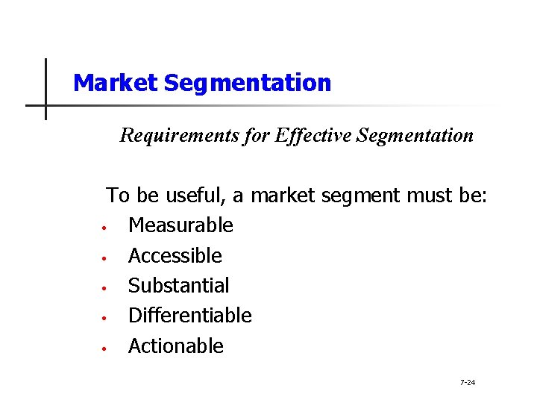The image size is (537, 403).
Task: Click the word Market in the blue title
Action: (x=116, y=83)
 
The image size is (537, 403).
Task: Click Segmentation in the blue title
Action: (x=247, y=83)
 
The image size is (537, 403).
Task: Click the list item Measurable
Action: (x=180, y=225)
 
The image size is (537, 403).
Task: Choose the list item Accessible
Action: (x=175, y=256)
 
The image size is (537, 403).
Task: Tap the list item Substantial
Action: (x=179, y=286)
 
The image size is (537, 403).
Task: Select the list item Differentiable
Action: (x=190, y=316)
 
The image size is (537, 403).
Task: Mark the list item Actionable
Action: (x=176, y=346)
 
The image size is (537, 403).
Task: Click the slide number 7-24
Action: (x=468, y=383)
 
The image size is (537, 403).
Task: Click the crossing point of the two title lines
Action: (x=45, y=105)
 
